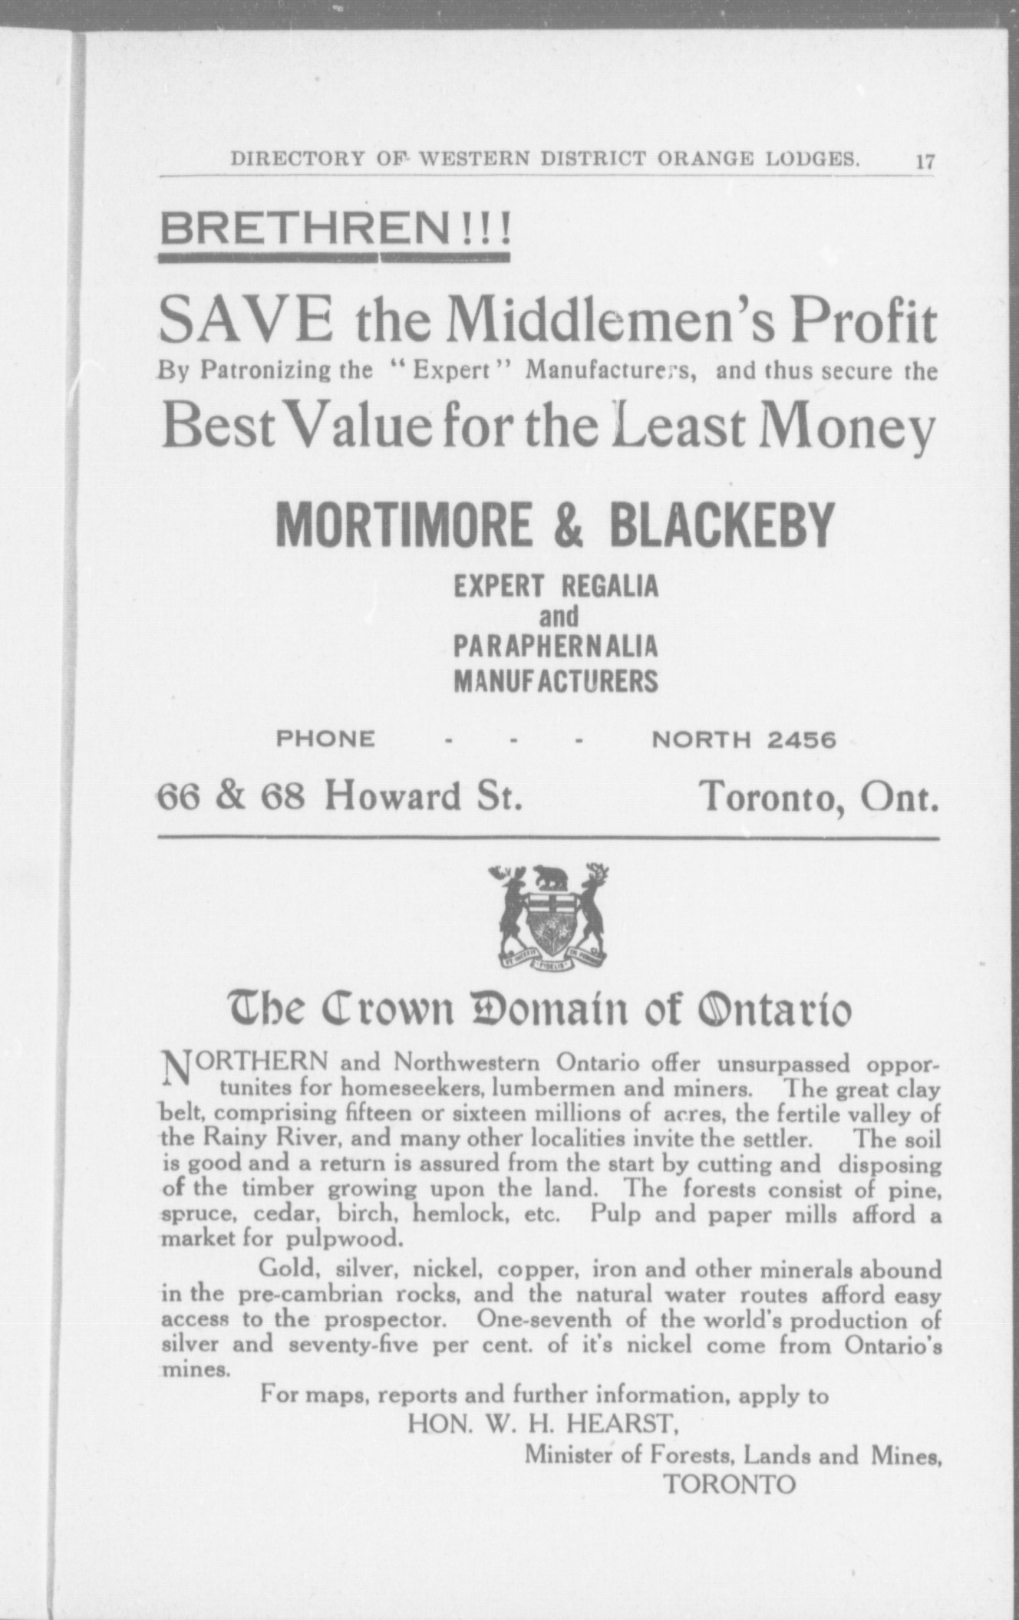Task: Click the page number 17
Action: coord(925,162)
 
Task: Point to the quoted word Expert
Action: coord(451,371)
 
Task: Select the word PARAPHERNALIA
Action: coord(556,647)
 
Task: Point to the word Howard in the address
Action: coord(392,796)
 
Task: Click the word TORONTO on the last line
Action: coord(730,1484)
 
